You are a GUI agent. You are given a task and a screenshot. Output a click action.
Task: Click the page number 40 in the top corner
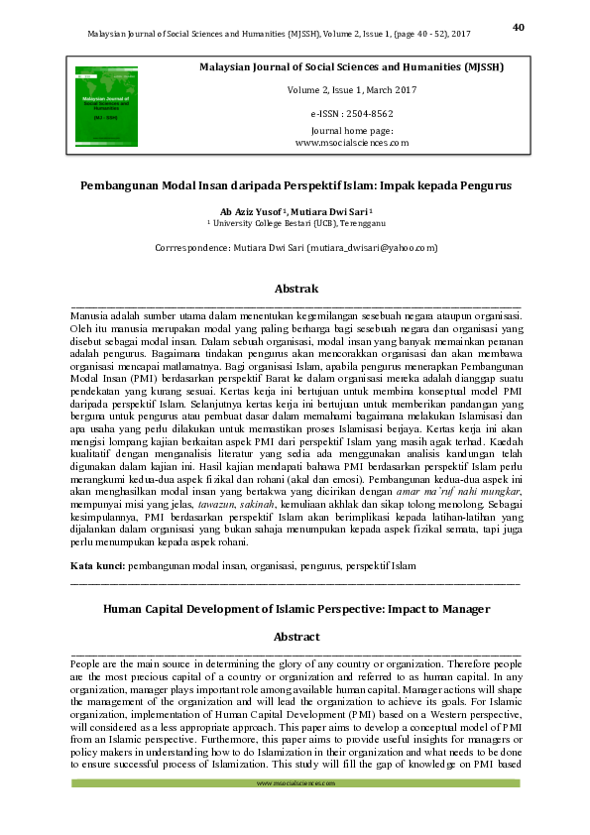[518, 27]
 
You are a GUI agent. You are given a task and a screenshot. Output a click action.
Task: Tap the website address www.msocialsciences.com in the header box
[352, 143]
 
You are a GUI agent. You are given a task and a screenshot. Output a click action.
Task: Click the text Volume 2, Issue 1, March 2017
[352, 90]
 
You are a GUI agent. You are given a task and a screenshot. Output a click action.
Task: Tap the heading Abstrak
[295, 289]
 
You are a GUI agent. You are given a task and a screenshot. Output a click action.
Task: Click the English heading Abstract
[295, 637]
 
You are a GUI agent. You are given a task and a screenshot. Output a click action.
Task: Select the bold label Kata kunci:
[98, 564]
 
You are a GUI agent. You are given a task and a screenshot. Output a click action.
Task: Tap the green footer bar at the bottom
[295, 783]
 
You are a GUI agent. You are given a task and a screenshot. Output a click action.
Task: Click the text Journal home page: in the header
[352, 131]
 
